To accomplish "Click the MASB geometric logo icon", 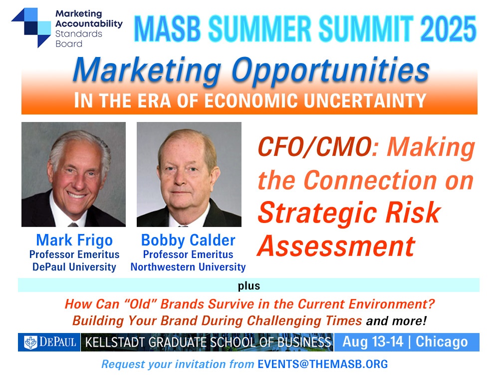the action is tap(31, 27).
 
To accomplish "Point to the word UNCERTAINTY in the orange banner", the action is tap(365, 101).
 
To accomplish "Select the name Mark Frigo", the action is tap(74, 240).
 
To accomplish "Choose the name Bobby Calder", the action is tap(188, 240).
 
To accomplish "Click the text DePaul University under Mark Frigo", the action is tap(74, 267).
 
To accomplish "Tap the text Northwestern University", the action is tap(188, 267).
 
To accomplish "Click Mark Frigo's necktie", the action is tap(73, 224).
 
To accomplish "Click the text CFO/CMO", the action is tap(315, 147).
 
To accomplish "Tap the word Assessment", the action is tap(336, 246).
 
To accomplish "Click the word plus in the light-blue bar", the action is tap(249, 285).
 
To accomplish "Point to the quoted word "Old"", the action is tap(140, 304).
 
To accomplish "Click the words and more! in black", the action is tap(396, 320).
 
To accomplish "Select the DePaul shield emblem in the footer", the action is tap(31, 342).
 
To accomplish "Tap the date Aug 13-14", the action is tap(373, 342).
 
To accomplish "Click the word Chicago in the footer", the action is tap(442, 342).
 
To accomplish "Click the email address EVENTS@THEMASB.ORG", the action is tap(323, 364).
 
